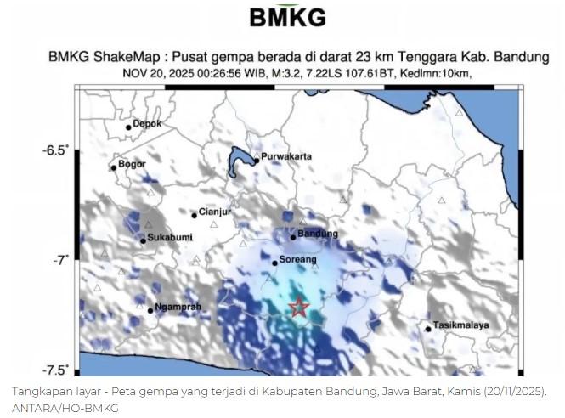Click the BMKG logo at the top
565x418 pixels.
(288, 17)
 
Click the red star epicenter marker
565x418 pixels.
(298, 308)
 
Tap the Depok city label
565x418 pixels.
(147, 124)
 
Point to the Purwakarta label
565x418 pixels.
(286, 157)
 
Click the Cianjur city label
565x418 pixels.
(215, 212)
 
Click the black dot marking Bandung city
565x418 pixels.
(292, 237)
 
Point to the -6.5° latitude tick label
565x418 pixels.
(56, 150)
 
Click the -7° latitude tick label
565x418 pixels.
(60, 260)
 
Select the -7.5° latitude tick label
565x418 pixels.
(56, 370)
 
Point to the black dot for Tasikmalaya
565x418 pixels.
(427, 329)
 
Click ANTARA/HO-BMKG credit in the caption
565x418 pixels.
(65, 407)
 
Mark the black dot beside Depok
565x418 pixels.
(128, 127)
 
